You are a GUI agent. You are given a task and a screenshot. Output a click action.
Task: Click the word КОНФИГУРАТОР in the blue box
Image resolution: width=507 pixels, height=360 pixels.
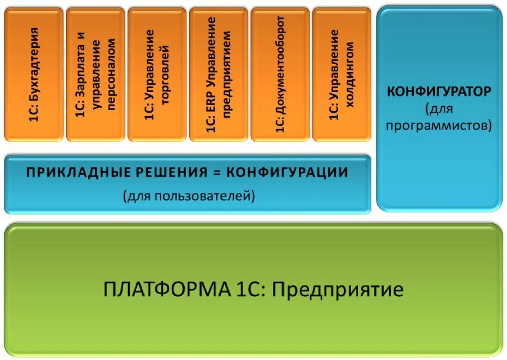[x=439, y=91]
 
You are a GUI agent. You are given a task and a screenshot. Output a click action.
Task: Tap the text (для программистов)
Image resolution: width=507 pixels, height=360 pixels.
[x=439, y=117]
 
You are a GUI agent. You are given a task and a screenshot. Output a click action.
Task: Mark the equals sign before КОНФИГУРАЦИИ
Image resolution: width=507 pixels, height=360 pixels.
[x=216, y=173]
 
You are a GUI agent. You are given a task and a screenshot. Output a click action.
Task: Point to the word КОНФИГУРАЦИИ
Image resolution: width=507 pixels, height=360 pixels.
[x=287, y=173]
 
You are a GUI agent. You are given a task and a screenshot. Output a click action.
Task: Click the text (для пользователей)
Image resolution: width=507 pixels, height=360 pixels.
[x=189, y=195]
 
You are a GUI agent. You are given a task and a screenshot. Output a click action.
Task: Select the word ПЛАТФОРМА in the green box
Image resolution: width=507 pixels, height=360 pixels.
[x=167, y=289]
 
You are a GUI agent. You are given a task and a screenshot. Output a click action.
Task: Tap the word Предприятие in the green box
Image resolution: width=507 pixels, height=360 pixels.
[x=337, y=289]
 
